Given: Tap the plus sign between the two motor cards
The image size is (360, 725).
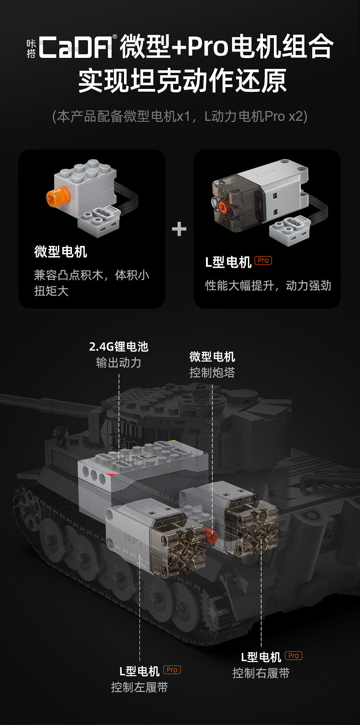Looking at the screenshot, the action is coord(179,228).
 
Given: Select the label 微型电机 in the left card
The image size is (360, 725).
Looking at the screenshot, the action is coord(61,252).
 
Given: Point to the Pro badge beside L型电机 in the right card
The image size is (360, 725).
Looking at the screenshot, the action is coord(263,260).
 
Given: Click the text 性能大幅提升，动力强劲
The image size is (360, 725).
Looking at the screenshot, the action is coord(268,285).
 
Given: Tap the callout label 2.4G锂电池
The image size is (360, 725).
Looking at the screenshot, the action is coord(118,347).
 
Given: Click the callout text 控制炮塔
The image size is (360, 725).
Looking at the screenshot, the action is coord(212,373).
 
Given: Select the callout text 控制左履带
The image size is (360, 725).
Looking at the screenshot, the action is coord(139,687).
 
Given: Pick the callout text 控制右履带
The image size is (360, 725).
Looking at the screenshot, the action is coord(261,673).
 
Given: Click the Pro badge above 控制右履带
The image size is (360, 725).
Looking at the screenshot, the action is coord(293,656).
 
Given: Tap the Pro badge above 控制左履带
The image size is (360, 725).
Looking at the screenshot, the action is coord(172,670).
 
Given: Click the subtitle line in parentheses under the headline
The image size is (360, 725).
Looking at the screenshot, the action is coord(180,116).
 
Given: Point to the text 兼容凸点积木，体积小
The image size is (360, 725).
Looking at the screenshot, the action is coord(92,275).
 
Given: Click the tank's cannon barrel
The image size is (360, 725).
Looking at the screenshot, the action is coord(41,404).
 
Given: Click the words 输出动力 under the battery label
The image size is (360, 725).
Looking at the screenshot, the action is coord(118,362).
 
